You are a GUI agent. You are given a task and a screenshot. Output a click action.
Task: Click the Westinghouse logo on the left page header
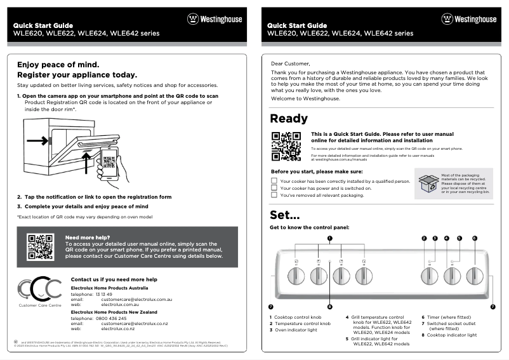coord(215,19)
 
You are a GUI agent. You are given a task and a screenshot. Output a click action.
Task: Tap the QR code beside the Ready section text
coord(286,146)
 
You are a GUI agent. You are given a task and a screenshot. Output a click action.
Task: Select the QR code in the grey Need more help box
coord(40,247)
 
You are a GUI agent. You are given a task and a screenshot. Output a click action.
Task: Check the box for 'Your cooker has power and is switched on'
coord(274,189)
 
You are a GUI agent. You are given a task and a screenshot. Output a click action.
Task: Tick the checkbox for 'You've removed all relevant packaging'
coord(274,196)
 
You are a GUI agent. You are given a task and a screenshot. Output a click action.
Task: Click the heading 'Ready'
coord(289,119)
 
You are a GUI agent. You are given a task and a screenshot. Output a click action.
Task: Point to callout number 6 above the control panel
coord(475,238)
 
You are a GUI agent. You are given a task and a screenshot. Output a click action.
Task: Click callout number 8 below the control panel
coord(329,307)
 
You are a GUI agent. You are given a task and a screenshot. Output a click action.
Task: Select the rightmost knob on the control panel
coord(475,276)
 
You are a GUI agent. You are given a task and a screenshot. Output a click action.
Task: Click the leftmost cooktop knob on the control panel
coord(296,276)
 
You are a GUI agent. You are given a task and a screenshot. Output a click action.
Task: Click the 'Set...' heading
coord(284,214)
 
